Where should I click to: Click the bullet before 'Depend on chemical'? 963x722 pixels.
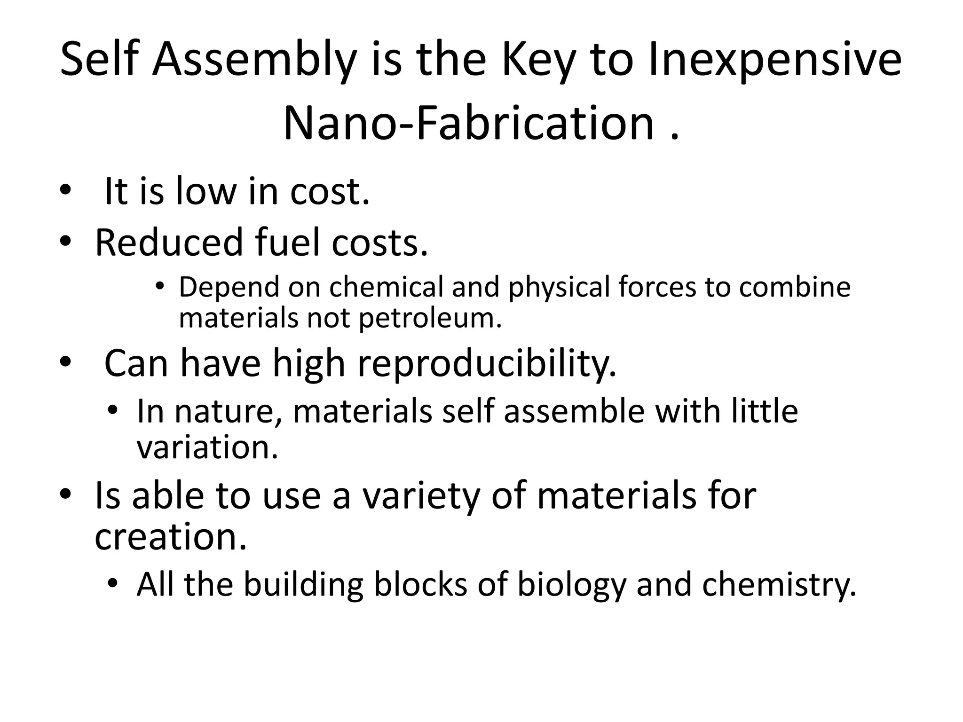click(x=160, y=286)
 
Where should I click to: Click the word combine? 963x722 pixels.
click(x=794, y=287)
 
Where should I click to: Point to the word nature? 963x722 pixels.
click(x=229, y=412)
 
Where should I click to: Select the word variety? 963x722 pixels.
click(x=420, y=496)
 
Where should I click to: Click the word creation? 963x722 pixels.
click(x=170, y=537)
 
